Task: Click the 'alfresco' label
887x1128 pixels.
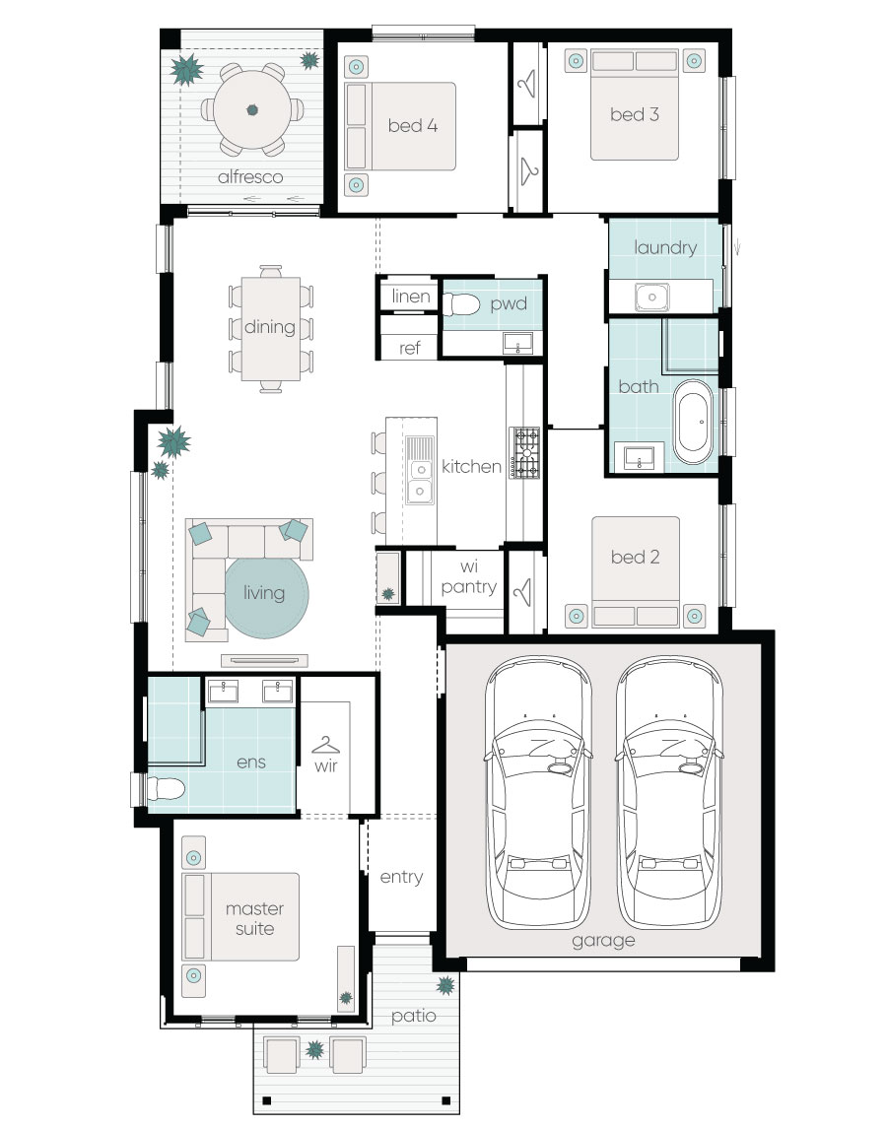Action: pyautogui.click(x=249, y=177)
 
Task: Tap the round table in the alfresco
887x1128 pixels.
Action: pyautogui.click(x=252, y=110)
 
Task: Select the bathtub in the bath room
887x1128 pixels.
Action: pyautogui.click(x=693, y=422)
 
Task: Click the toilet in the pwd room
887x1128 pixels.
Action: pyautogui.click(x=461, y=305)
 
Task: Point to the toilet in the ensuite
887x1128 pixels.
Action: pyautogui.click(x=166, y=788)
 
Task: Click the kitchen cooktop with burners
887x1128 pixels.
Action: pyautogui.click(x=525, y=453)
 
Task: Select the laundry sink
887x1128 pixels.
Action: pyautogui.click(x=651, y=298)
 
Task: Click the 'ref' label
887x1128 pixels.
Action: pyautogui.click(x=410, y=348)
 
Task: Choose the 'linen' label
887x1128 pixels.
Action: pyautogui.click(x=411, y=297)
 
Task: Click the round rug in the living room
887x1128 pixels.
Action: pyautogui.click(x=267, y=596)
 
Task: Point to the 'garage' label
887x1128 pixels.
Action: pyautogui.click(x=603, y=941)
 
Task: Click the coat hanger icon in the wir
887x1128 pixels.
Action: pyautogui.click(x=325, y=745)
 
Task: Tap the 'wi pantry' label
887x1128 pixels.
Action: pyautogui.click(x=469, y=577)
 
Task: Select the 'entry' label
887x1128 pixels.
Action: pyautogui.click(x=402, y=877)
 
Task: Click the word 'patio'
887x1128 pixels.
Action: pyautogui.click(x=414, y=1016)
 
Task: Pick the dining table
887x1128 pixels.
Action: pyautogui.click(x=271, y=329)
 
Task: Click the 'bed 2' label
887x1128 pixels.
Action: pyautogui.click(x=635, y=557)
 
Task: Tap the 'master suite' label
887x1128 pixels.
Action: pyautogui.click(x=255, y=919)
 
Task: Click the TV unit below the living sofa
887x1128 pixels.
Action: pyautogui.click(x=264, y=660)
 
